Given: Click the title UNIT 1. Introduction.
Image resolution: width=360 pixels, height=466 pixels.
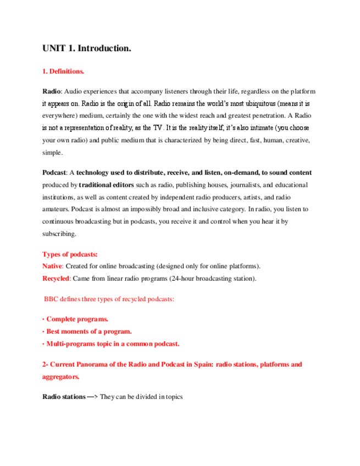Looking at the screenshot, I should (87, 49).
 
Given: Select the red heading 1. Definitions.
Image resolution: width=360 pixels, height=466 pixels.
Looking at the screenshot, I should (63, 71).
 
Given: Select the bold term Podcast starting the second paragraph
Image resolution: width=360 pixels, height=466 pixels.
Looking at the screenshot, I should (53, 173).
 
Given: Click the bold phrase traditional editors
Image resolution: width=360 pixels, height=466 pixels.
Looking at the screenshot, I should (104, 185).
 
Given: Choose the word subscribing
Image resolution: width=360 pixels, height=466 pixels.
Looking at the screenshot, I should (59, 234).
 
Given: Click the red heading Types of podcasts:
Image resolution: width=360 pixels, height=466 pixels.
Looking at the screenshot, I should (70, 254).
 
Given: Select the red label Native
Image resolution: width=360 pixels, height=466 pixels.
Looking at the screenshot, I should (52, 266).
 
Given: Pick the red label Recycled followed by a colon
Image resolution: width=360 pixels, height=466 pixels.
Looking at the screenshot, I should (56, 278).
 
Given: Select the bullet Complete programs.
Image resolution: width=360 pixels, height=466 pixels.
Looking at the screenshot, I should (77, 319).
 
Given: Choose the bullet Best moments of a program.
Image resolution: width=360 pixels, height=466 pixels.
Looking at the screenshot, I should (88, 331).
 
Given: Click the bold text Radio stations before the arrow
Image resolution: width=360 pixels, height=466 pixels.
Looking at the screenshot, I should (64, 396).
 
